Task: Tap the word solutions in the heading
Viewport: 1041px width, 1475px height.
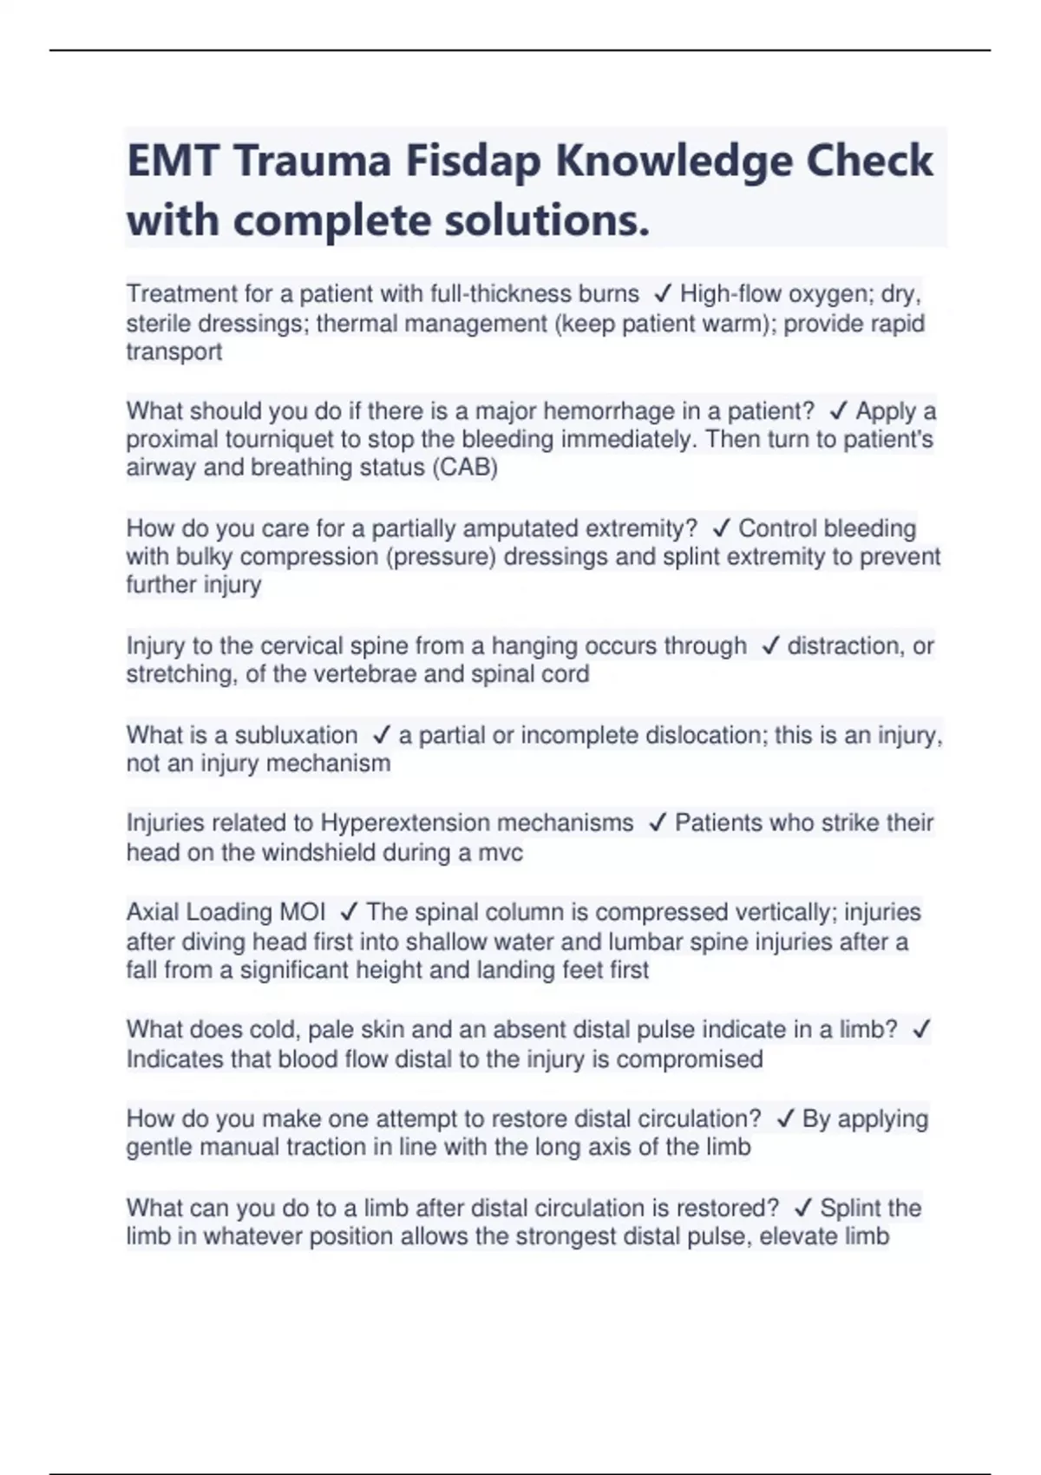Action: pos(547,220)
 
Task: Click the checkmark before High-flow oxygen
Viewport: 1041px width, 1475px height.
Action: pos(663,294)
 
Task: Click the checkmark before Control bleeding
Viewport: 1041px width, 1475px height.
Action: pos(720,528)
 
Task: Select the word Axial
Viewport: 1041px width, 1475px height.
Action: pos(153,912)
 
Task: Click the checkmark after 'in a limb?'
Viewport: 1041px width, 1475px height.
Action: pos(920,1030)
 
